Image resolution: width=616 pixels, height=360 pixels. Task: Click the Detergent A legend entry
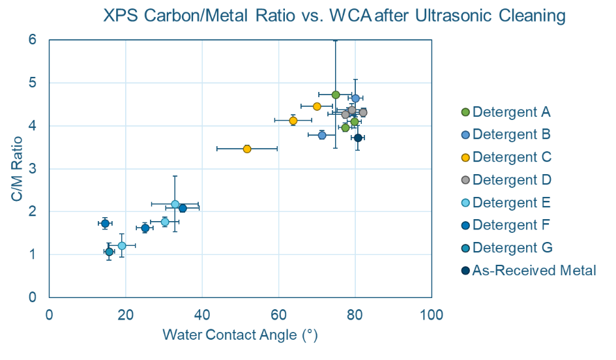(511, 112)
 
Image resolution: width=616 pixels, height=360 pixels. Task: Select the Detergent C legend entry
(512, 157)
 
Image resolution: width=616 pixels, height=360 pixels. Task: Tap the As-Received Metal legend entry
(534, 270)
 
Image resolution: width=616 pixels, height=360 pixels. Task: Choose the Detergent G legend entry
(512, 247)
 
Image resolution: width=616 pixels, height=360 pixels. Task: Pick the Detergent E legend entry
(511, 202)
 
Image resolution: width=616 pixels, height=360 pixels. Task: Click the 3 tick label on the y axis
(32, 169)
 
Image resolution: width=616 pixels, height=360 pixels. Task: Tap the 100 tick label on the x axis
(431, 316)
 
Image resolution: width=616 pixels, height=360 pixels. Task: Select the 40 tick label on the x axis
(202, 316)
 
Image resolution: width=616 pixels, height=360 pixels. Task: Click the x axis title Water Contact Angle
(239, 336)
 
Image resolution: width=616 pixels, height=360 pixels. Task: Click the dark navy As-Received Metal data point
(358, 138)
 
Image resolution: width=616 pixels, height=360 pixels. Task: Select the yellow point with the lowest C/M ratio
(247, 149)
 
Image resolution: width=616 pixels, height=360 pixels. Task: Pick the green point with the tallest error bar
(336, 95)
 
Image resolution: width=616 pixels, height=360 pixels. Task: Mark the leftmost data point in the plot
(105, 224)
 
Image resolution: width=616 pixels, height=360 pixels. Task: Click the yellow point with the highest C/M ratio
(317, 106)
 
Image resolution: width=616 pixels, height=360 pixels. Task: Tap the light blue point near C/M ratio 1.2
(122, 246)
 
